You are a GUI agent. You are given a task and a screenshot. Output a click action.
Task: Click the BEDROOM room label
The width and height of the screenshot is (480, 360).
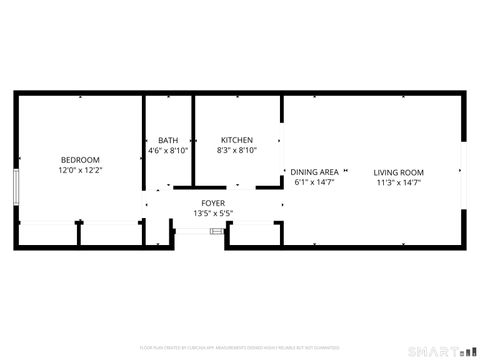(x=80, y=160)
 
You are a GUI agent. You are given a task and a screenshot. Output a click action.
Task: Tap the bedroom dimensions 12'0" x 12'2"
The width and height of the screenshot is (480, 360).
(x=80, y=171)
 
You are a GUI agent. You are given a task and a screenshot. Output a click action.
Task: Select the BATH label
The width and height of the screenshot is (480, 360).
(x=167, y=140)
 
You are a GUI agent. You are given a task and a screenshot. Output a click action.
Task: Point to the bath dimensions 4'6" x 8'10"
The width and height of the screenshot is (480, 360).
(x=167, y=151)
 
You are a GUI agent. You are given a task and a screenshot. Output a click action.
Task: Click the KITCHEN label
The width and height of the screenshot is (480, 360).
(x=237, y=140)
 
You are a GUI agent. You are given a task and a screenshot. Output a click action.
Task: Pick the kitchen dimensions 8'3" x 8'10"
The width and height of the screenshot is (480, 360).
(x=237, y=151)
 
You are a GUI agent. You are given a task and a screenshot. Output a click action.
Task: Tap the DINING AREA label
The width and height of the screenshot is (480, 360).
(x=314, y=172)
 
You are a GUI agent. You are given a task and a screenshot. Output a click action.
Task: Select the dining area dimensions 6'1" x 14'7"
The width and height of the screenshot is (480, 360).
(x=314, y=183)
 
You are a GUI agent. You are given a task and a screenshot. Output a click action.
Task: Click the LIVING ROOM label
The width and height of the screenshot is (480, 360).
(x=399, y=172)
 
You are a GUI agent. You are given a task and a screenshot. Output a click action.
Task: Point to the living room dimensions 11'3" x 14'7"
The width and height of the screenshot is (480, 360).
(x=399, y=183)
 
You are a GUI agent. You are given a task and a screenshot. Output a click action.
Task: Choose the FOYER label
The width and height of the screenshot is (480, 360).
(x=212, y=203)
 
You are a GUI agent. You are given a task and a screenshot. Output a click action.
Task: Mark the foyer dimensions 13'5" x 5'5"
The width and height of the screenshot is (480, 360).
(x=212, y=214)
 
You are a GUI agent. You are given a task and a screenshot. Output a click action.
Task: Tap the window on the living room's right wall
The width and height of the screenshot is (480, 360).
(x=463, y=170)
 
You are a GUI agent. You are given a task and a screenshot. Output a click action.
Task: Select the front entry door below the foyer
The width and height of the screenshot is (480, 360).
(x=200, y=232)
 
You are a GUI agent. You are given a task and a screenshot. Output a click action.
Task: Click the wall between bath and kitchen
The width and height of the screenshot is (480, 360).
(x=193, y=140)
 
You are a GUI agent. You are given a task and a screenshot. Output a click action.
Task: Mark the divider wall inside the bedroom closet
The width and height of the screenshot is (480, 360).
(x=78, y=233)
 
